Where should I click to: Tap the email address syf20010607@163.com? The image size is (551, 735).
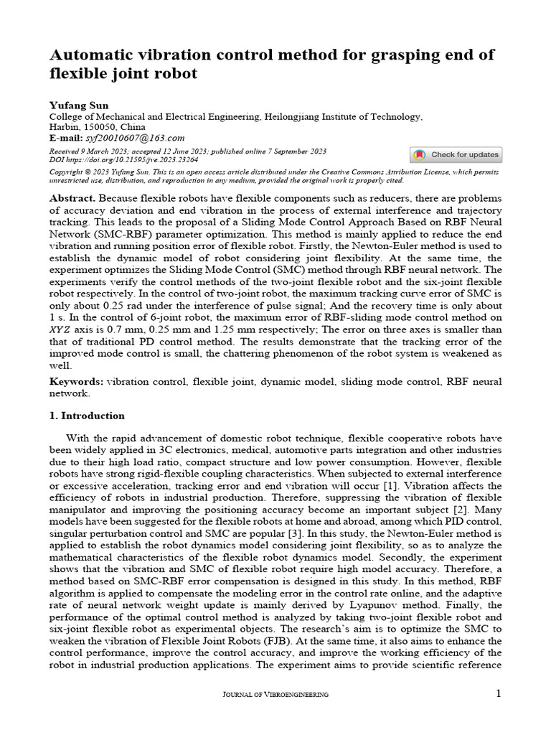pos(134,138)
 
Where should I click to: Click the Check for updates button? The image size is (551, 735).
pos(456,155)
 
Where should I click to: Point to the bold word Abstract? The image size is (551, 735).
pos(72,197)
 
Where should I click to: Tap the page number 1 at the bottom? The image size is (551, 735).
pos(499,693)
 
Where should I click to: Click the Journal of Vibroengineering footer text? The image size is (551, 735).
pos(275,694)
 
